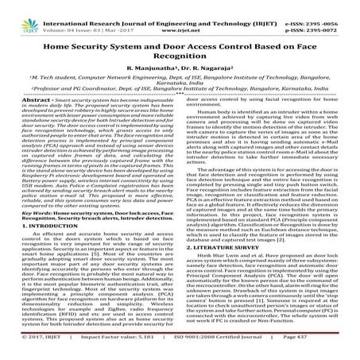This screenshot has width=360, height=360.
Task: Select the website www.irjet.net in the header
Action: tap(180, 14)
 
